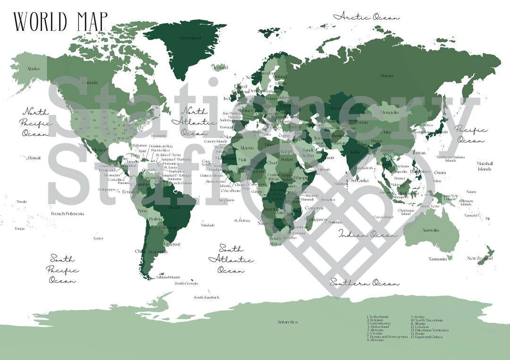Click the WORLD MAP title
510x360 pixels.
point(60,21)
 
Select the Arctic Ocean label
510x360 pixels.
point(366,17)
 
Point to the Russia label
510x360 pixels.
point(387,75)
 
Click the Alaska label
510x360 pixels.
point(33,69)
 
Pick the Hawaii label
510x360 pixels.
point(34,158)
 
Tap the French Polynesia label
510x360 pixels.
point(68,214)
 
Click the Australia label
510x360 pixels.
point(430,230)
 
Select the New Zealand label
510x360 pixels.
point(480,258)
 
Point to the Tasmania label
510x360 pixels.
point(437,259)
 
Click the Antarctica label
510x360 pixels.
point(287,322)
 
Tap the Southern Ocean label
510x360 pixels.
point(364,283)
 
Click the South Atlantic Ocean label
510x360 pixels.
point(231,260)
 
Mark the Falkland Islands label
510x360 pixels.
point(168,277)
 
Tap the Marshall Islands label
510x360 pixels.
point(484,166)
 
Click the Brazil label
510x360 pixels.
point(174,207)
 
